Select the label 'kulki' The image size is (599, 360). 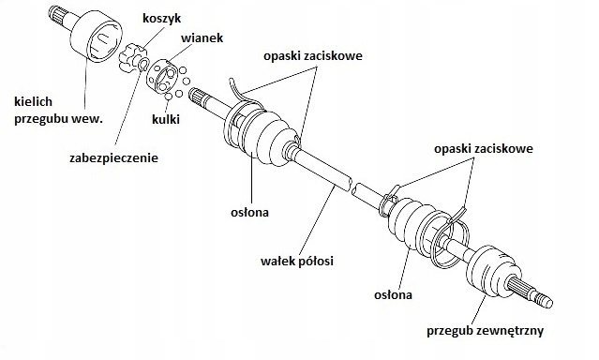click(166, 119)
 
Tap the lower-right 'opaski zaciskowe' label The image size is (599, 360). click(485, 149)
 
